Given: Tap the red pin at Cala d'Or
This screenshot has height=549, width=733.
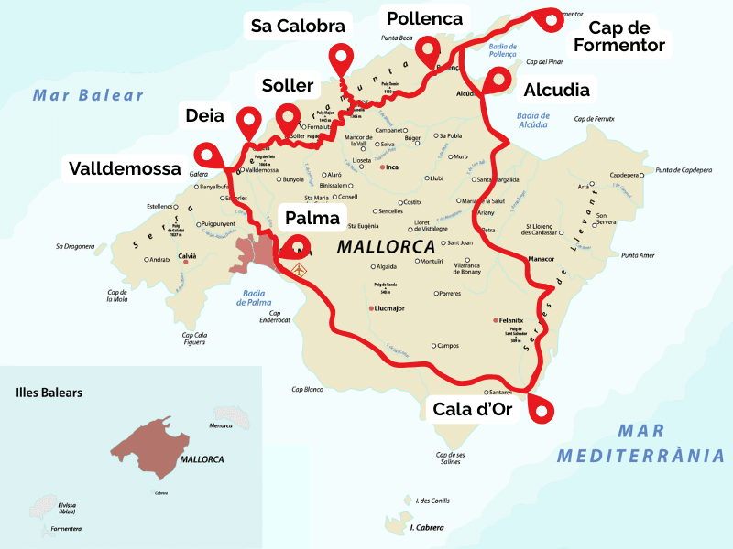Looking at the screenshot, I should click(x=541, y=410).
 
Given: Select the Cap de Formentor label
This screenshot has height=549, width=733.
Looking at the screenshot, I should click(x=626, y=37).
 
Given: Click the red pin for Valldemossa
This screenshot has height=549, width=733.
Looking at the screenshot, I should click(x=205, y=155).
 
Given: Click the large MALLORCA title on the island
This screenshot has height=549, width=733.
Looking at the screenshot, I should click(x=385, y=246).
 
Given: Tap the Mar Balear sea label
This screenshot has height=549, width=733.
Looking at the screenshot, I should click(x=89, y=95).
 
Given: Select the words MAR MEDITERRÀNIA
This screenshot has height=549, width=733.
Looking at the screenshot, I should click(x=640, y=443).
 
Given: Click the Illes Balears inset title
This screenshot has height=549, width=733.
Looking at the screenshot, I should click(x=49, y=393).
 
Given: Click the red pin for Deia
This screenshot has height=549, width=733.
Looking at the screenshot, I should click(x=248, y=120).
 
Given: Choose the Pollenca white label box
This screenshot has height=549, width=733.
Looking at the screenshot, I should click(x=424, y=18).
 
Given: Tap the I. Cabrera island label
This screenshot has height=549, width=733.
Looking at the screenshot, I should click(x=426, y=528).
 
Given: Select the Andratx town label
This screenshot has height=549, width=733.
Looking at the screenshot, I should click(x=160, y=260).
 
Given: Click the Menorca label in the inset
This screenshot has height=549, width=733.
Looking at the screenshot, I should click(x=222, y=425).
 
